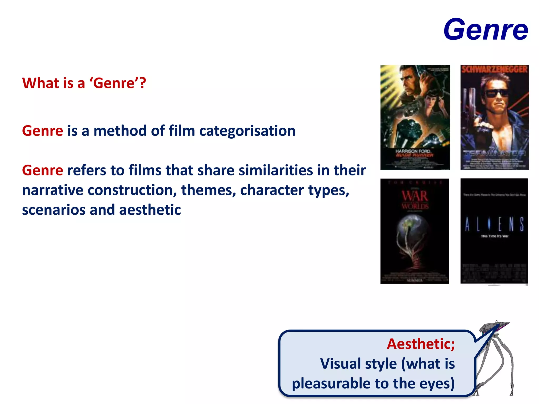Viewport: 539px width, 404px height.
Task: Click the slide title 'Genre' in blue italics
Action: point(486,29)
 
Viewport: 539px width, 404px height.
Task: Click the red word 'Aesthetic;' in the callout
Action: point(421,344)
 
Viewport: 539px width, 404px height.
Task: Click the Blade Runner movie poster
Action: point(415,117)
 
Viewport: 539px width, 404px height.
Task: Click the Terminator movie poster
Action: point(495,117)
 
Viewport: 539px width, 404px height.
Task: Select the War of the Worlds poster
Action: point(415,231)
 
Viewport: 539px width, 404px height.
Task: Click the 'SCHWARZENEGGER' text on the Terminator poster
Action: point(495,69)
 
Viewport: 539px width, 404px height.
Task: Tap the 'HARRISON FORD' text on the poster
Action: point(413,151)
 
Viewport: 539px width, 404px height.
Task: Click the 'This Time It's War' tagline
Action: point(495,236)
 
